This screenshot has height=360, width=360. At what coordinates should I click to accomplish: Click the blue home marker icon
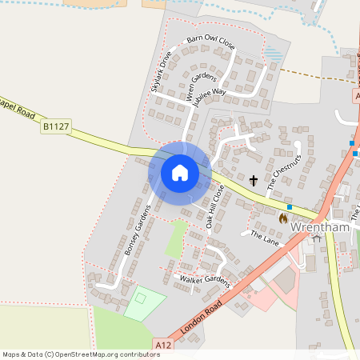tap(180, 173)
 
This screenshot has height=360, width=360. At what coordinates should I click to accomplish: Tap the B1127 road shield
tap(55, 126)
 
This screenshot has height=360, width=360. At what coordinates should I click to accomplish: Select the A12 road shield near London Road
tap(163, 345)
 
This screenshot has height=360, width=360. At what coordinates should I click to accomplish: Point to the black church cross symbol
tap(254, 181)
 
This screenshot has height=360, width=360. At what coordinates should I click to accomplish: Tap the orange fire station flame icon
tap(283, 218)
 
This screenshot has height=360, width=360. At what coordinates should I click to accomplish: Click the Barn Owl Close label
tap(210, 42)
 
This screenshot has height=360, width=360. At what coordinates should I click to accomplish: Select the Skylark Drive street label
tap(162, 71)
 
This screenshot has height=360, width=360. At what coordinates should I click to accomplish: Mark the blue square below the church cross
tap(290, 206)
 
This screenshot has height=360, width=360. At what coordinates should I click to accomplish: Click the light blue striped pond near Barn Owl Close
tap(274, 54)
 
